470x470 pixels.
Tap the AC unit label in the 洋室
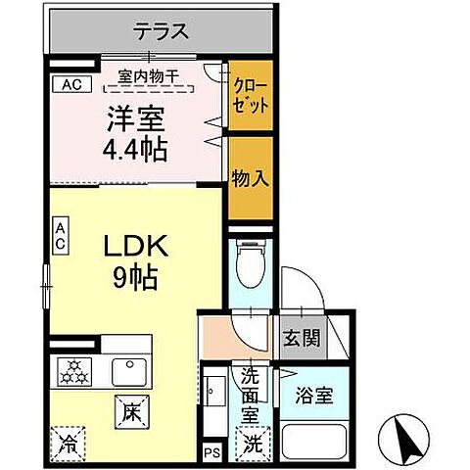tap(70, 85)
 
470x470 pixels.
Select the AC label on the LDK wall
tap(60, 235)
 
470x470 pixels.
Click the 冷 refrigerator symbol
tap(70, 442)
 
